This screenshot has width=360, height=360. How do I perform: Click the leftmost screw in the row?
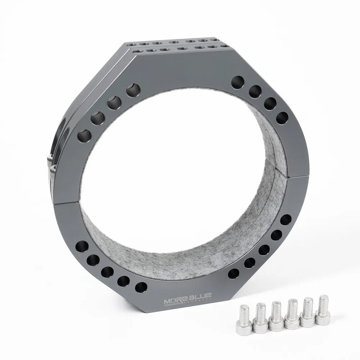pos(244,318)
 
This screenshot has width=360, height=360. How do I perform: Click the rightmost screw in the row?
pos(322,310)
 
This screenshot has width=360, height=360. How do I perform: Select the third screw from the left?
pos(276,316)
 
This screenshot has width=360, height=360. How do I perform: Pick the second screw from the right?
pos(307,312)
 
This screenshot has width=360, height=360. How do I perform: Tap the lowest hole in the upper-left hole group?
pos(84,135)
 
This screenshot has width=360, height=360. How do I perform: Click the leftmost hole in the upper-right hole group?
pos(238,82)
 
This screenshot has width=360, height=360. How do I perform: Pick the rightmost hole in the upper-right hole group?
pos(282,118)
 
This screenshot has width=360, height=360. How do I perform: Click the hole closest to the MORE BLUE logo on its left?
pos(141,287)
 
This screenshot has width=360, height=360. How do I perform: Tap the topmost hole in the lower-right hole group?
pos(286,220)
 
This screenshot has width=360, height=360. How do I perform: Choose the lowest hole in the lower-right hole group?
pos(234,273)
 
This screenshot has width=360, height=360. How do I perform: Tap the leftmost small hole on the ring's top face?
pos(130,45)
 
